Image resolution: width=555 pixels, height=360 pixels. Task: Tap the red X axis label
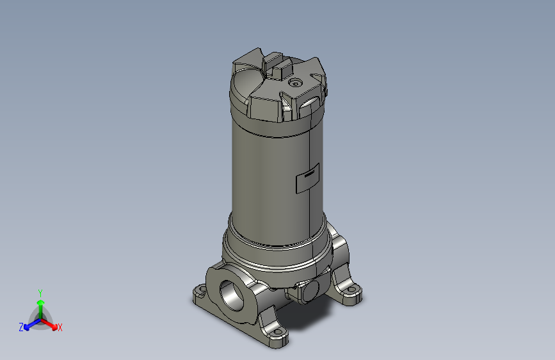point(60,328)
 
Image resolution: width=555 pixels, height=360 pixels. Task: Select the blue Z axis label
point(20,327)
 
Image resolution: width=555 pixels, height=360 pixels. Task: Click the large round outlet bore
point(232,295)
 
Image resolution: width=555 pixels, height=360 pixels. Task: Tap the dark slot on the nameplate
point(310,173)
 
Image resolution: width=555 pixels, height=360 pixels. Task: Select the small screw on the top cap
point(295,83)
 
